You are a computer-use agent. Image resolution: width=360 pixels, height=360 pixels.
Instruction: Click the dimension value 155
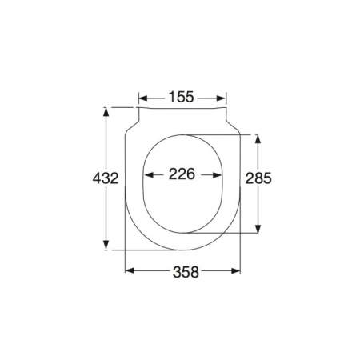(x=182, y=98)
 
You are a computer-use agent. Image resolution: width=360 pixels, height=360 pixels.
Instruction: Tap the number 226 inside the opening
(x=182, y=175)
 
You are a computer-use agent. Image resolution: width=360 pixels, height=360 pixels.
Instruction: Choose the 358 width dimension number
(x=183, y=271)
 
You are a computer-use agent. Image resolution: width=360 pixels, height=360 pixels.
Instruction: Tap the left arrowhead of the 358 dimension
(x=129, y=270)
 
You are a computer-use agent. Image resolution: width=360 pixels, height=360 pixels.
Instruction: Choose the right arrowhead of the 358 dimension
(x=237, y=270)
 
